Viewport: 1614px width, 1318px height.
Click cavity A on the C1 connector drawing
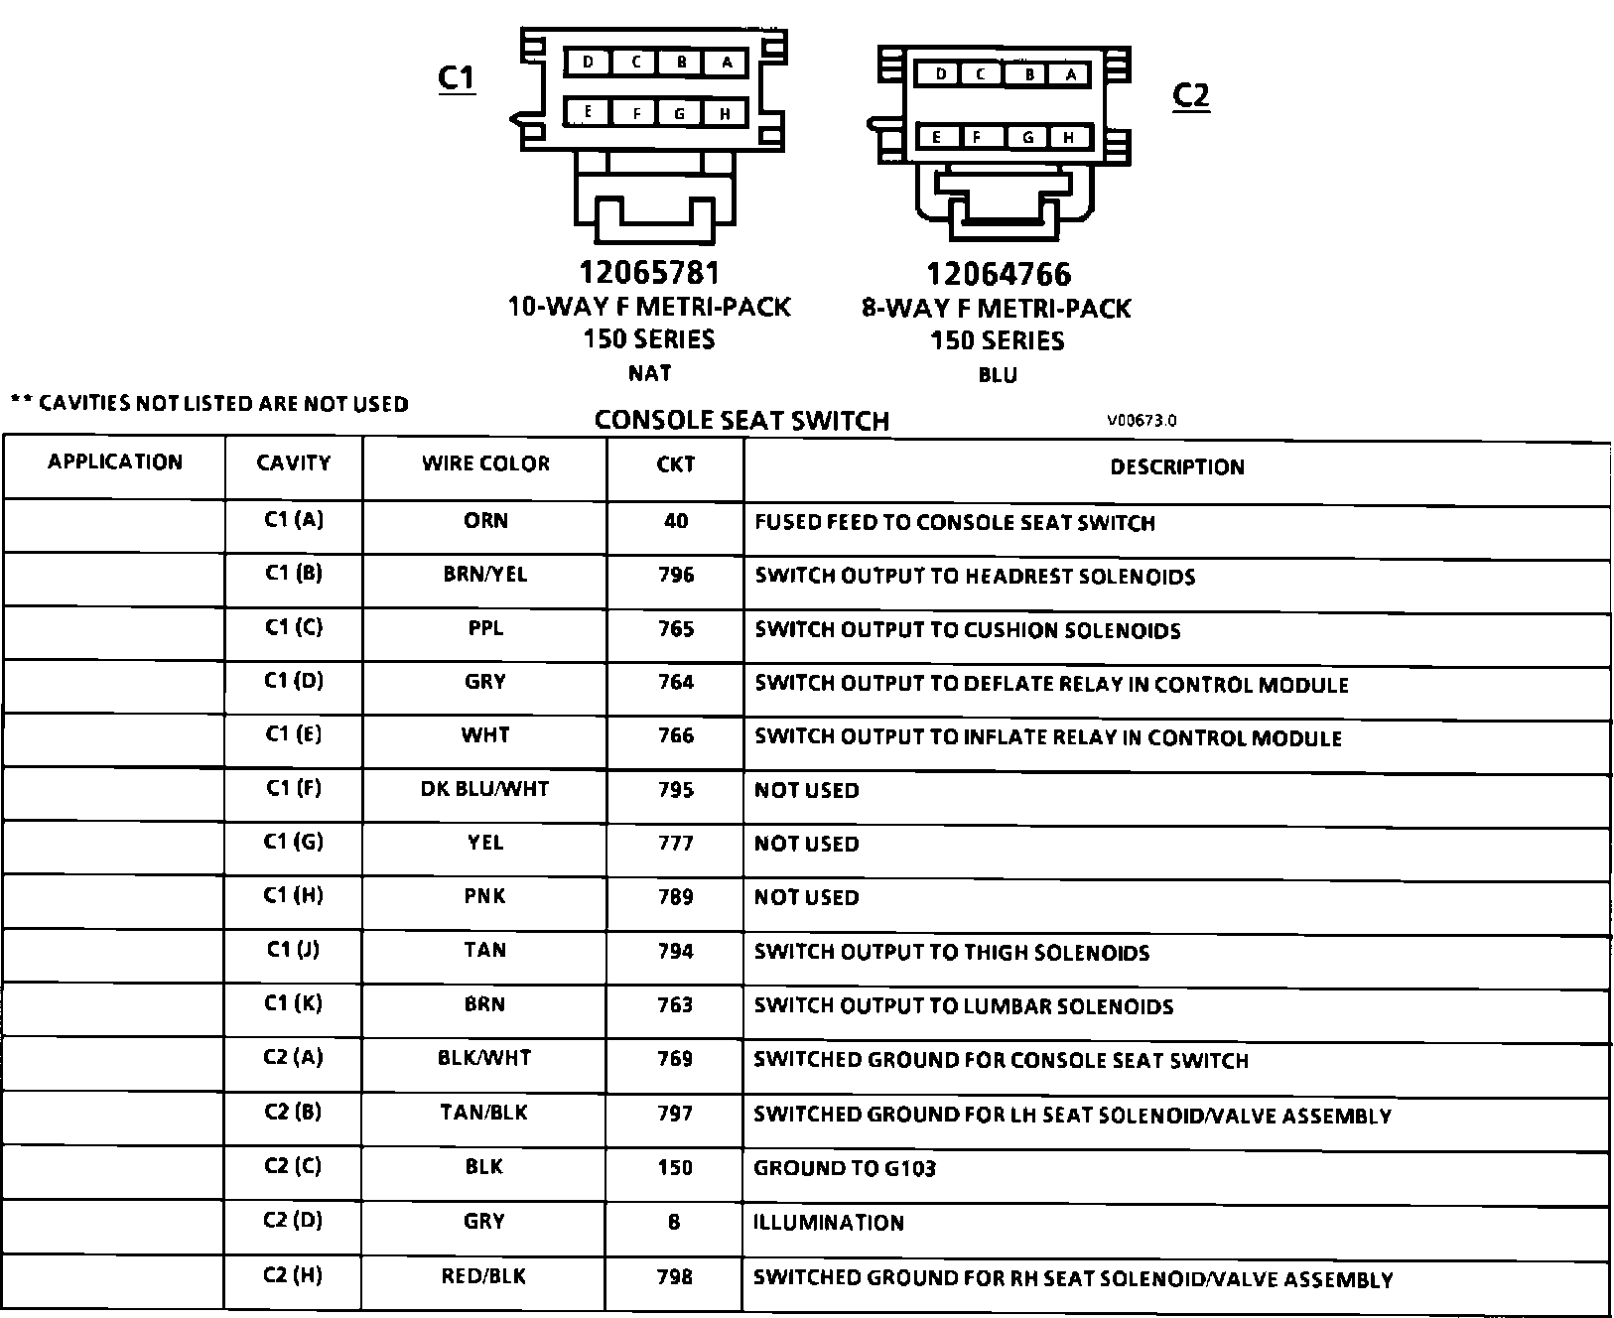[728, 63]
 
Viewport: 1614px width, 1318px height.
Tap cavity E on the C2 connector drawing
[937, 138]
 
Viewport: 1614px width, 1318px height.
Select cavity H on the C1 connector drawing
[726, 114]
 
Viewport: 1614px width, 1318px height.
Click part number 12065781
[649, 273]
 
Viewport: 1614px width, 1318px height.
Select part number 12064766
[999, 275]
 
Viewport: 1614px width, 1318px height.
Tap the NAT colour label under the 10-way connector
[649, 373]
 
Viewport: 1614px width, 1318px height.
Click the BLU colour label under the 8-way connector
[998, 375]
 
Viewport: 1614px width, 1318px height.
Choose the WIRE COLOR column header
[485, 463]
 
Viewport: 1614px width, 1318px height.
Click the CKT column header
[676, 463]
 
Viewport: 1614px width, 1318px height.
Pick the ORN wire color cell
[485, 521]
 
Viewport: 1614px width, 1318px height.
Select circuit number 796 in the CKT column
[676, 575]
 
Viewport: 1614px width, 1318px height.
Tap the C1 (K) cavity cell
[294, 1003]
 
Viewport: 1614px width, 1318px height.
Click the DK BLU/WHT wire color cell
[485, 789]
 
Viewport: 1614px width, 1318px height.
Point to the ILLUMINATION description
[829, 1223]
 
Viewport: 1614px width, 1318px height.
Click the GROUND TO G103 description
[845, 1168]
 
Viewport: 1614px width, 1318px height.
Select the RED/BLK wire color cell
[484, 1276]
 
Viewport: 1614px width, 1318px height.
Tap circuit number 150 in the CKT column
[675, 1168]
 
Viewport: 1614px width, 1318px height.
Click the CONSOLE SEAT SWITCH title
[741, 421]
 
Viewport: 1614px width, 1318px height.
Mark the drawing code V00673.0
[1142, 420]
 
